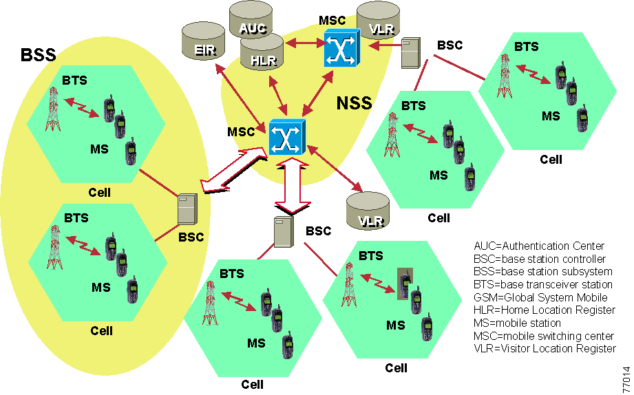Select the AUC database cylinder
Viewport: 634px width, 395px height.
coord(251,23)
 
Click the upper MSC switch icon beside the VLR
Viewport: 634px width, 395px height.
coord(341,49)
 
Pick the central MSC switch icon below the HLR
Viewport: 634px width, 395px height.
coord(285,136)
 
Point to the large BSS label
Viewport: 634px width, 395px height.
coord(38,55)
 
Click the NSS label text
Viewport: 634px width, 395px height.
coord(354,104)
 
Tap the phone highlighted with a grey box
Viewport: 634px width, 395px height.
coord(407,284)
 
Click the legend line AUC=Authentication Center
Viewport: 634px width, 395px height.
coord(539,246)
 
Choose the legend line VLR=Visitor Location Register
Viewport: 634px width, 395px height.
coord(545,349)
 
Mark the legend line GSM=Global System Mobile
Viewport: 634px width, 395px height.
coord(540,298)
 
